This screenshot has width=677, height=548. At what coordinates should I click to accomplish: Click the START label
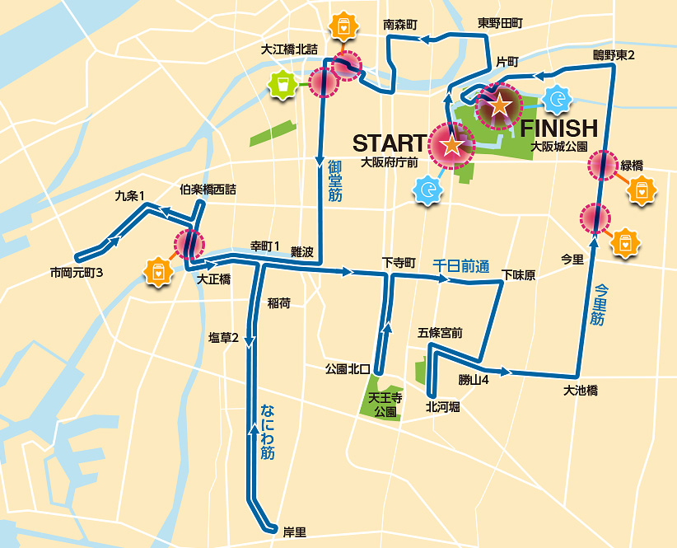pyautogui.click(x=388, y=143)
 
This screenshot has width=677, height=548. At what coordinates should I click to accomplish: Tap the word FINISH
pyautogui.click(x=558, y=128)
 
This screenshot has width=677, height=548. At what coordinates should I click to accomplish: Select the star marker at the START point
pyautogui.click(x=451, y=146)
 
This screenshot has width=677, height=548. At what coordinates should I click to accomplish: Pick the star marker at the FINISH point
pyautogui.click(x=500, y=105)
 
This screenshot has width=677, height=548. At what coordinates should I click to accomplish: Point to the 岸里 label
pyautogui.click(x=294, y=532)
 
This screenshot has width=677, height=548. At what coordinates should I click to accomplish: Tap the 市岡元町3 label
pyautogui.click(x=76, y=273)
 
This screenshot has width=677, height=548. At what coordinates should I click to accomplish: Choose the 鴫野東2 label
pyautogui.click(x=614, y=55)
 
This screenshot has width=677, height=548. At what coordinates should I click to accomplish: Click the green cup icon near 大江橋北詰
pyautogui.click(x=282, y=84)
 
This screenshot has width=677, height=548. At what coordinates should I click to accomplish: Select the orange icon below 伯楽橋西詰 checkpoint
pyautogui.click(x=156, y=270)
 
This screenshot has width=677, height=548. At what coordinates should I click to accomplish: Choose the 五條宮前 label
pyautogui.click(x=440, y=333)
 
